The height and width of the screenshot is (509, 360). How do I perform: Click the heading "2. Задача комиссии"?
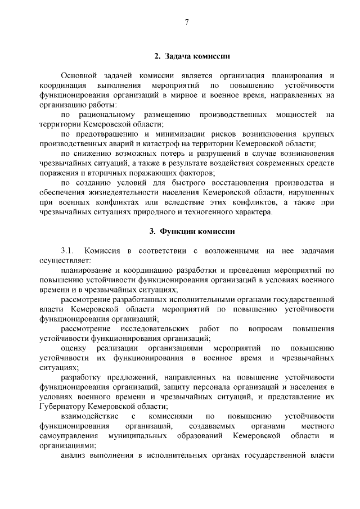coord(191,56)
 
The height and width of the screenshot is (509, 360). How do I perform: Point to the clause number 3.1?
coord(67,250)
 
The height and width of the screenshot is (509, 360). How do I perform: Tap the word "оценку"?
coord(73,348)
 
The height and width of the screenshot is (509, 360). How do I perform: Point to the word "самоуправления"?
coord(67,436)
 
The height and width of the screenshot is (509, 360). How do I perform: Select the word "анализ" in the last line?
coord(73,455)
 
